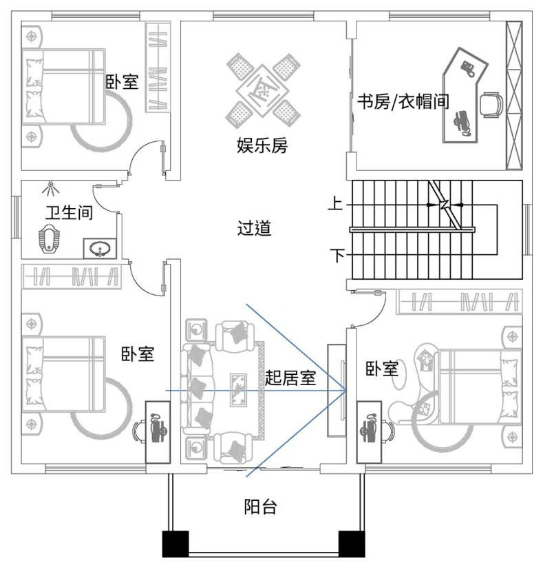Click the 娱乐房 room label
coord(262,145)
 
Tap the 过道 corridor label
coord(254,228)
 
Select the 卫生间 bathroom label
coord(69,212)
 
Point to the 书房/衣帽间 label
coord(403,101)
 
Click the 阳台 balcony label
coord(260,506)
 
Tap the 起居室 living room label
coord(290,378)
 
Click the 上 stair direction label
coord(335,203)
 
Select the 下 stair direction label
coord(337,255)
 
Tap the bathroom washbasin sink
coord(100,249)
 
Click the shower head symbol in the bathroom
coord(51,189)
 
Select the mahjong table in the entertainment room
coord(263,90)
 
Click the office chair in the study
coord(491,105)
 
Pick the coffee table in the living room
coord(238,390)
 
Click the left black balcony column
coord(175,544)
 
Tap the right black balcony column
coord(352,544)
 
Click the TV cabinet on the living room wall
coord(337,391)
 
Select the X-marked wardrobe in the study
coord(514,95)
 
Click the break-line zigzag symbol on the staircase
coord(445,205)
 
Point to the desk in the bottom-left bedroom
coord(158,432)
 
